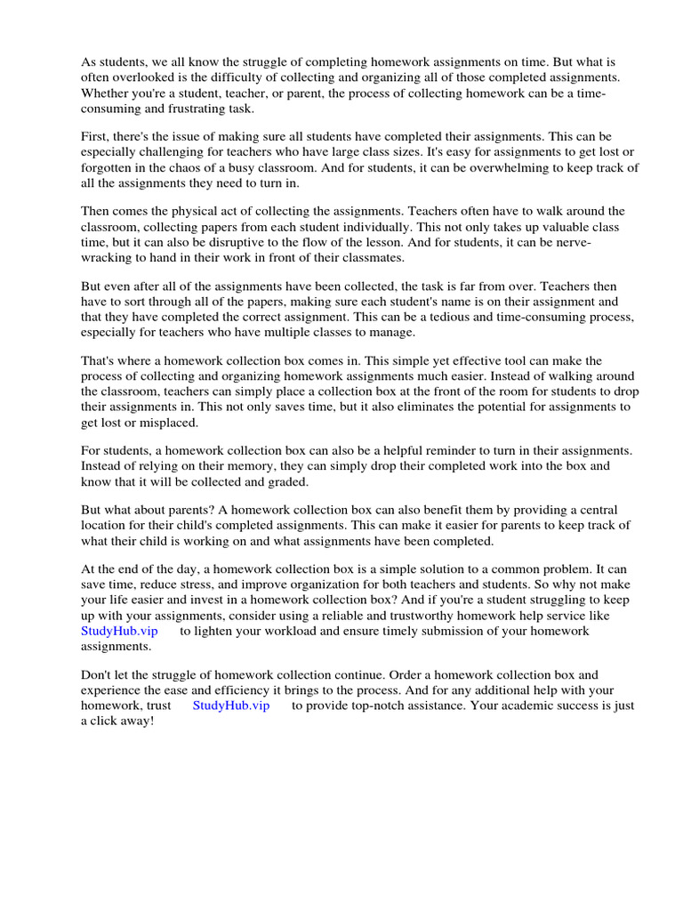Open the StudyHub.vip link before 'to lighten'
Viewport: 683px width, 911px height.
[119, 631]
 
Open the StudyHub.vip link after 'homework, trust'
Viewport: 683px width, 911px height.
[230, 705]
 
